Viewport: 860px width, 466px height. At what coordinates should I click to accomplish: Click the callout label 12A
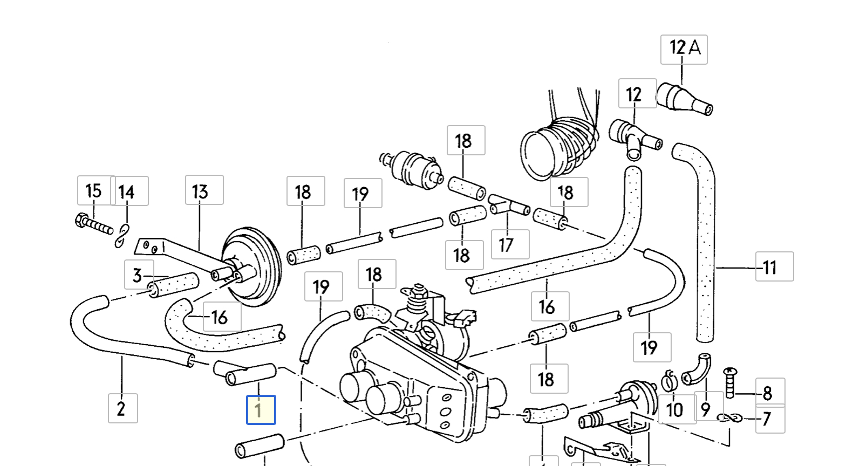(684, 49)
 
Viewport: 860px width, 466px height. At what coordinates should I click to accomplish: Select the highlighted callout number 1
(261, 410)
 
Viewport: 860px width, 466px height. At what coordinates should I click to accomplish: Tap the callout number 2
(122, 408)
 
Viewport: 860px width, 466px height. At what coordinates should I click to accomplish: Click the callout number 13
(204, 190)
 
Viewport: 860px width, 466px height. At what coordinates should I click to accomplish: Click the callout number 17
(510, 244)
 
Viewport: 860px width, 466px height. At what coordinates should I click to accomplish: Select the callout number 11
(774, 266)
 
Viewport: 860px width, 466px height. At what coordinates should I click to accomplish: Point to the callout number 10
(675, 410)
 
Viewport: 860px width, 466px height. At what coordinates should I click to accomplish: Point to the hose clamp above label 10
(668, 380)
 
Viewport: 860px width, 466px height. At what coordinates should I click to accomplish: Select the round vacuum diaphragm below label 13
(251, 267)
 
